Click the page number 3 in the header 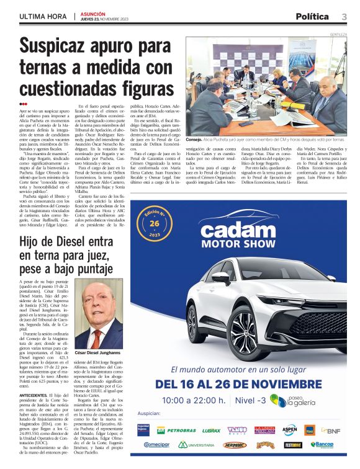344,17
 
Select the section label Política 313,17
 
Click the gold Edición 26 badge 155,223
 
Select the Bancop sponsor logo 322,445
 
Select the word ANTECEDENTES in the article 34,395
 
